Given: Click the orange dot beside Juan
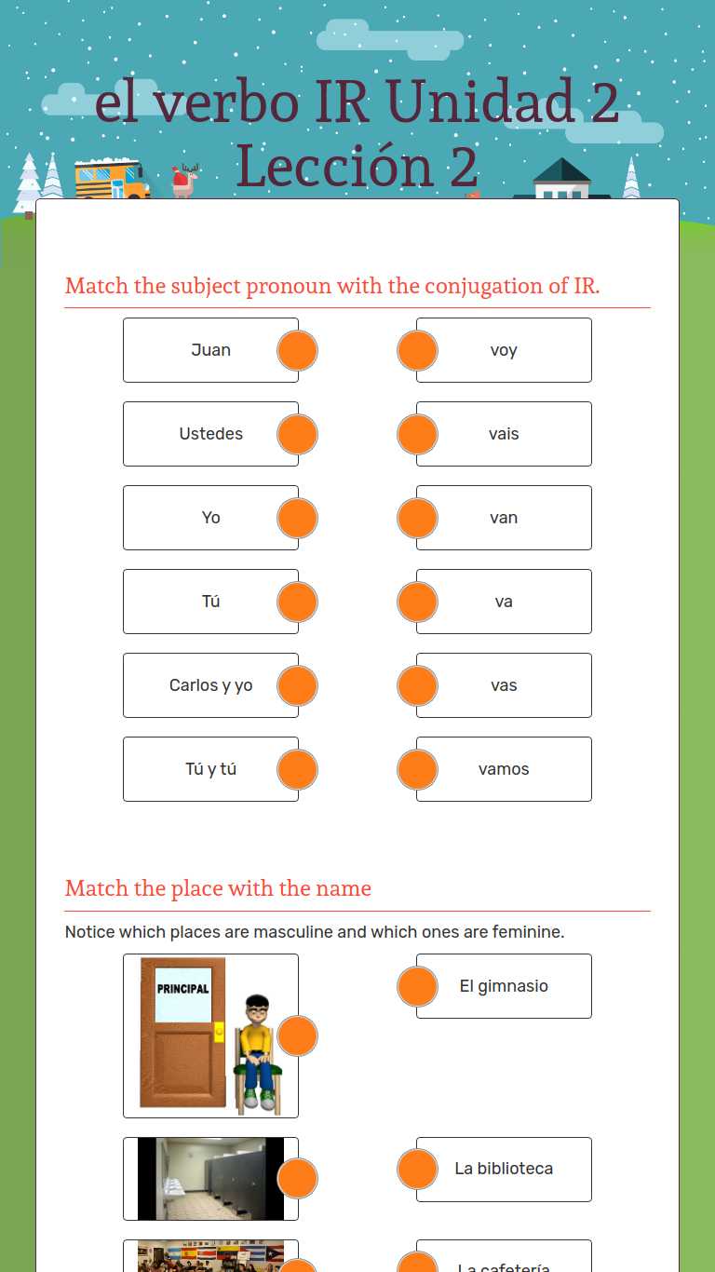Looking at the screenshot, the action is pyautogui.click(x=297, y=350).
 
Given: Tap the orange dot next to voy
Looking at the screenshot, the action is pyautogui.click(x=417, y=350).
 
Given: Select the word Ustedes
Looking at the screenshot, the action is pyautogui.click(x=210, y=434).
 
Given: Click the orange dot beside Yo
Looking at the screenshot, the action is pyautogui.click(x=297, y=518).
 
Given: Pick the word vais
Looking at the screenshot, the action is pyautogui.click(x=504, y=434).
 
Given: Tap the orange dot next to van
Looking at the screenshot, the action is pyautogui.click(x=417, y=518).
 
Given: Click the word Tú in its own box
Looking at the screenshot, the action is pyautogui.click(x=210, y=601).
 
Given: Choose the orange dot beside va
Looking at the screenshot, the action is pyautogui.click(x=417, y=602).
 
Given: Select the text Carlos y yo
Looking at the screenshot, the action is pyautogui.click(x=210, y=685).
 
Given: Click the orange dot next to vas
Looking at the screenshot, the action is pyautogui.click(x=417, y=685).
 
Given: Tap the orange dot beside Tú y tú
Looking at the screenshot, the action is pyautogui.click(x=297, y=769).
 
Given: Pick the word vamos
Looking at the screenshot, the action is pyautogui.click(x=504, y=769).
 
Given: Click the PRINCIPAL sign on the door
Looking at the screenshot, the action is pyautogui.click(x=182, y=989).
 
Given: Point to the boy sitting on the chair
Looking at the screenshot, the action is pyautogui.click(x=258, y=1054).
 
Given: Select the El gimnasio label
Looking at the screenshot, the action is pyautogui.click(x=504, y=986).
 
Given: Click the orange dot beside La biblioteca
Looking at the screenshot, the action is pyautogui.click(x=417, y=1169).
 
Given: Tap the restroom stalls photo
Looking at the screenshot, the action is pyautogui.click(x=210, y=1178).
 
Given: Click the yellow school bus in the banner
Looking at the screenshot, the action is pyautogui.click(x=112, y=178).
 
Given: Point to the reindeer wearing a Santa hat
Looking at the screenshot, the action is pyautogui.click(x=184, y=180).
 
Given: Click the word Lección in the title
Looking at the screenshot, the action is pyautogui.click(x=335, y=166).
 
